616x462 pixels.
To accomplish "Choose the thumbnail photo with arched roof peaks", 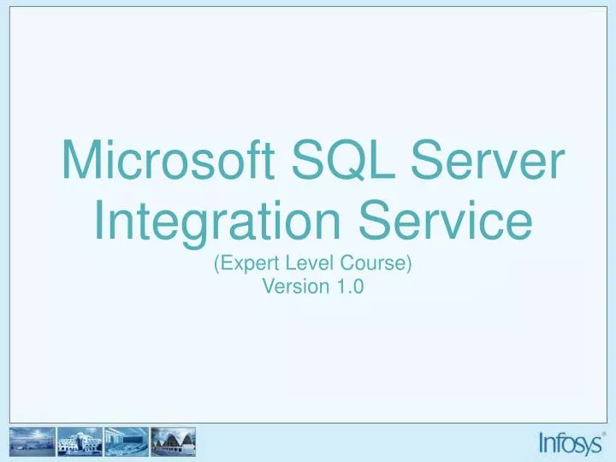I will click(x=175, y=443).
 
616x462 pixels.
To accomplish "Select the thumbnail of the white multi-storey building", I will click(x=79, y=443).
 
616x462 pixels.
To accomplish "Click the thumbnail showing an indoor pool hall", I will click(x=127, y=443).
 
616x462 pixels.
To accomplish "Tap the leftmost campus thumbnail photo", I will click(x=32, y=443).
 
